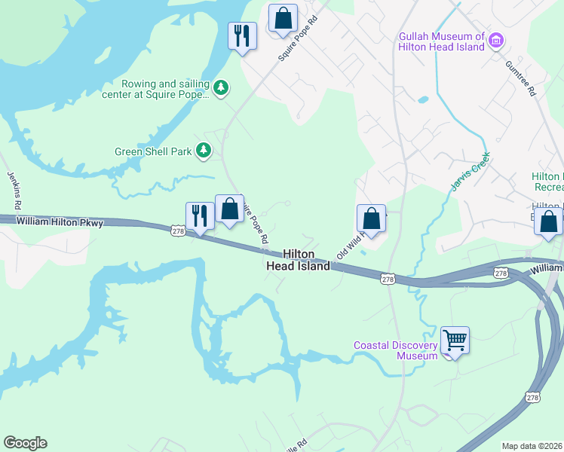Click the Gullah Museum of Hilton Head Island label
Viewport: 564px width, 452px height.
point(441,41)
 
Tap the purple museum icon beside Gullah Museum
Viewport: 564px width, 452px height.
point(496,39)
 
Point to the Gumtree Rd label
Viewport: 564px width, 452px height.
point(520,78)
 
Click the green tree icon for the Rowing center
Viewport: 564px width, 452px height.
point(220,88)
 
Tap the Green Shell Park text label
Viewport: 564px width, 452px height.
point(154,151)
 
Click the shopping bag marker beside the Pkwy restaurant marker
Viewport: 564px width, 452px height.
point(229,209)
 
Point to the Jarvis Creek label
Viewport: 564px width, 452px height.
point(471,172)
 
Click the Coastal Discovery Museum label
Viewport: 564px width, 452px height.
point(396,350)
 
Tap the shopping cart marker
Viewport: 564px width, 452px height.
point(455,341)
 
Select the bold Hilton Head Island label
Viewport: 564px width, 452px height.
point(307,261)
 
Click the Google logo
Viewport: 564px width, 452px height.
point(25,443)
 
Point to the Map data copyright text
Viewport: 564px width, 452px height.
point(532,446)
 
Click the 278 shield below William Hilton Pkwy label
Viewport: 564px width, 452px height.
point(178,232)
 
